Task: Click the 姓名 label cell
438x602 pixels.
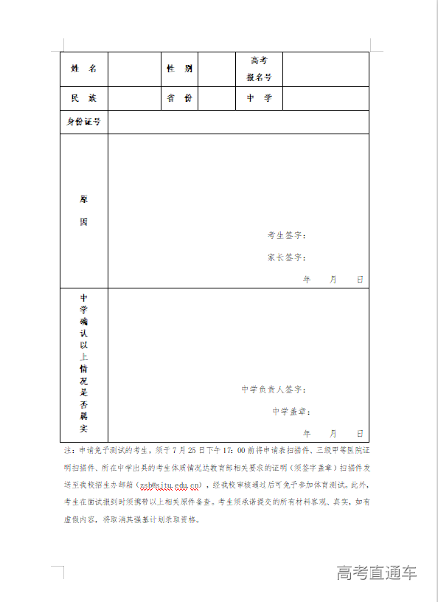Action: [83, 69]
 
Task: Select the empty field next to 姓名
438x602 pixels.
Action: [134, 69]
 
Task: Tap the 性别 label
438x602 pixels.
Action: [179, 69]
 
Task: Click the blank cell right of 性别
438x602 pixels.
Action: [217, 69]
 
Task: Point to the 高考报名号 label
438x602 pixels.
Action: [259, 69]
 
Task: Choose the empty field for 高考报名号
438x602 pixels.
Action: [325, 69]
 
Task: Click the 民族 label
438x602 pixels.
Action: [83, 98]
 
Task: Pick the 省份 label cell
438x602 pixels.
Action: [179, 98]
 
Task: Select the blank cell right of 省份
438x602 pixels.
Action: [217, 98]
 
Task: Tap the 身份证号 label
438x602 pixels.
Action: [83, 122]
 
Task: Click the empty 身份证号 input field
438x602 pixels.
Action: [238, 122]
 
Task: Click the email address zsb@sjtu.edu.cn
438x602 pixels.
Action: [170, 485]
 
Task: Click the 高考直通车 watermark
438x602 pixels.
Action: [376, 572]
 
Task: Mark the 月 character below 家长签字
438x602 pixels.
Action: [333, 280]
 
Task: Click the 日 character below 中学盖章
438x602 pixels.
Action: [360, 433]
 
